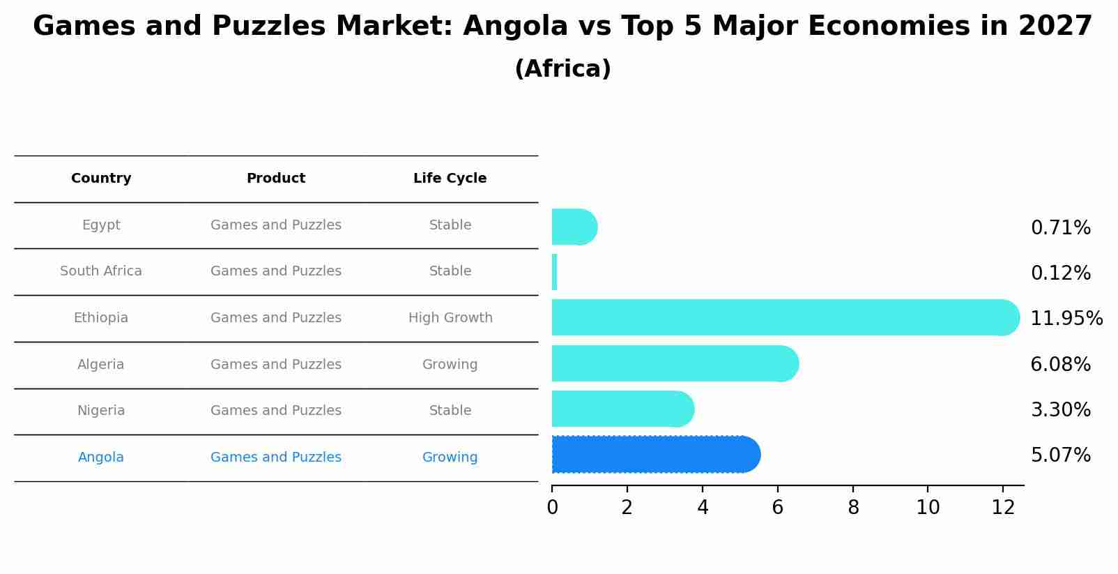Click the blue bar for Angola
tap(655, 455)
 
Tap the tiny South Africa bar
tap(554, 273)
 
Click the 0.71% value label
tap(1060, 228)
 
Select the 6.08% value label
tap(1060, 364)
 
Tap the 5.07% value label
tap(1060, 455)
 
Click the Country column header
tap(101, 179)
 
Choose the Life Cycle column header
tap(450, 179)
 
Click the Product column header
tap(276, 179)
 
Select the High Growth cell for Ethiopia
tap(450, 318)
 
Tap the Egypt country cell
tap(101, 225)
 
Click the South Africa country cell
tap(101, 271)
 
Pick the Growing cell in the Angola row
tap(450, 458)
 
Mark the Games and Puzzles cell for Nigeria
tap(276, 411)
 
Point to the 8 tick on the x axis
tap(853, 508)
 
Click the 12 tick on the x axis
tap(1003, 508)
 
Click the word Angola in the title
tap(515, 27)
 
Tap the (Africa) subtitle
tap(562, 69)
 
